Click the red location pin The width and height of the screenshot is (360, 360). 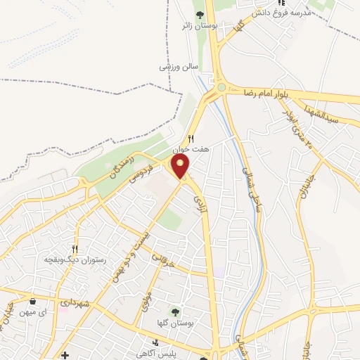click(181, 167)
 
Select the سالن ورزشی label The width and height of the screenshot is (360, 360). click(176, 67)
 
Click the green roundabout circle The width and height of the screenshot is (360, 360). click(223, 87)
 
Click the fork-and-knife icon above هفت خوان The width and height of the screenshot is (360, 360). click(190, 139)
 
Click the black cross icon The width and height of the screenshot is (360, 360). click(65, 355)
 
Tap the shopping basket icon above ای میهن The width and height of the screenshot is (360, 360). click(32, 301)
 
